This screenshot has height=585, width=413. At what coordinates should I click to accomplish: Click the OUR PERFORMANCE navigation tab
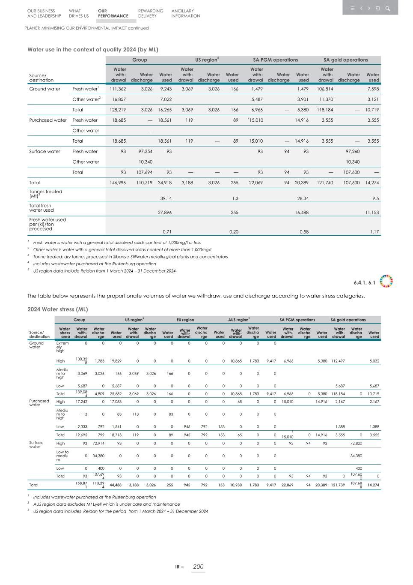click(113, 13)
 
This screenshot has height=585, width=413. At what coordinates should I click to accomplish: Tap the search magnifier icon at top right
click(387, 8)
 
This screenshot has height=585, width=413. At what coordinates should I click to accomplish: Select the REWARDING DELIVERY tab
click(150, 13)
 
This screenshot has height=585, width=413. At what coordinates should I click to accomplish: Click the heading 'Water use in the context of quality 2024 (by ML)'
click(93, 49)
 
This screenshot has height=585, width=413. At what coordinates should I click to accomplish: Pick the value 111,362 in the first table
click(118, 89)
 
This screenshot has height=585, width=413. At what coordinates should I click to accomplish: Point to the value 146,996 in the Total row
click(118, 183)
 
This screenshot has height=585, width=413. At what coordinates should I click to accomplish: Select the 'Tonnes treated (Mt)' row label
click(45, 194)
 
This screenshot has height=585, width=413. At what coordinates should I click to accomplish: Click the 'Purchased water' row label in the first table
click(48, 120)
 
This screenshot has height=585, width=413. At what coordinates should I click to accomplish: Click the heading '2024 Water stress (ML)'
click(57, 309)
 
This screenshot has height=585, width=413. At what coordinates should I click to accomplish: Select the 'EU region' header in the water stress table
click(185, 320)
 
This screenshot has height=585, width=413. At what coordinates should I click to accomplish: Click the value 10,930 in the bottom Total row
click(236, 485)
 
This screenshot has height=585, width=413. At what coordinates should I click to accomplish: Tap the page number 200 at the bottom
click(198, 567)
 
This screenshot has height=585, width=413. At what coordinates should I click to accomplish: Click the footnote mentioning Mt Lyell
click(106, 504)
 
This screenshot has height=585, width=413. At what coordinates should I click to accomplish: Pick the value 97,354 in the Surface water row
click(144, 151)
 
